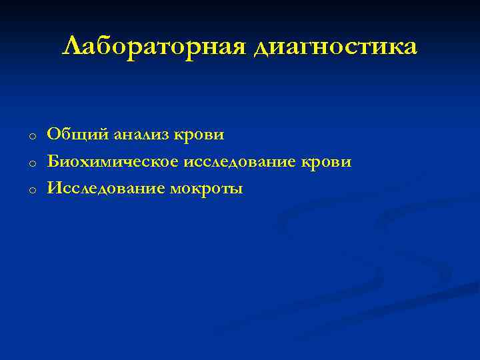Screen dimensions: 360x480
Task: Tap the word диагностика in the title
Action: (x=336, y=47)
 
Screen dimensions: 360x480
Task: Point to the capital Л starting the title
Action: (x=72, y=47)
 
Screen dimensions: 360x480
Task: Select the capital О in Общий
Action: (x=53, y=135)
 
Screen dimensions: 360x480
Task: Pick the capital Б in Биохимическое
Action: (x=53, y=162)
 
